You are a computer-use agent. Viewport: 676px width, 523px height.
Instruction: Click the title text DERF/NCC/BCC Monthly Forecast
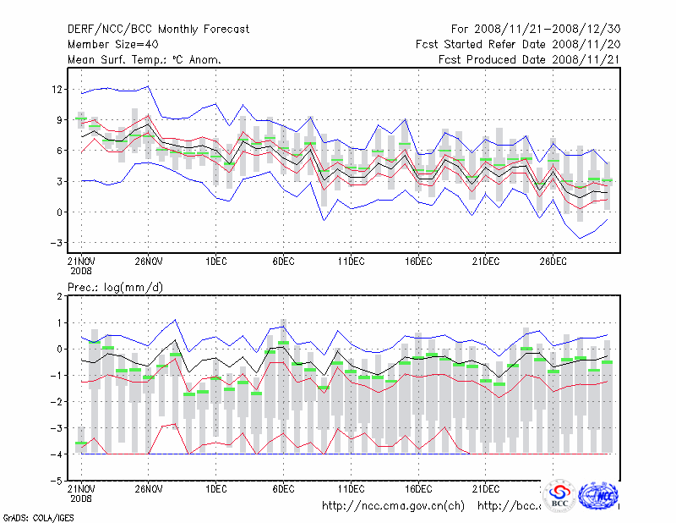tap(159, 29)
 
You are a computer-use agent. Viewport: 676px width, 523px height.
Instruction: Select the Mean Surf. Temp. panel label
tap(144, 59)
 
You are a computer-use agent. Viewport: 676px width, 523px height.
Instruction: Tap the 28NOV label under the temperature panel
tap(148, 262)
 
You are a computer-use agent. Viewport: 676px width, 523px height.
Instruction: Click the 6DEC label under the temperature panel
tap(284, 262)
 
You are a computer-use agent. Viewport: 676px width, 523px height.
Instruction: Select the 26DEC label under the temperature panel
tap(553, 262)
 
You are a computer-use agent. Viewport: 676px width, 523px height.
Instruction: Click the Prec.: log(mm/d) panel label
tap(115, 288)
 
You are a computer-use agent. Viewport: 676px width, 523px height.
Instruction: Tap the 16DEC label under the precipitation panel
tap(418, 489)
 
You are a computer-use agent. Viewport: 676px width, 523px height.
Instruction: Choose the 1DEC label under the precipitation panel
tap(215, 489)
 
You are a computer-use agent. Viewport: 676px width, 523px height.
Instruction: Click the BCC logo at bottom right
tap(559, 496)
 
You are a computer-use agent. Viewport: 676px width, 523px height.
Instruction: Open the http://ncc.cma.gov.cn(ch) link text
tap(394, 506)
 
